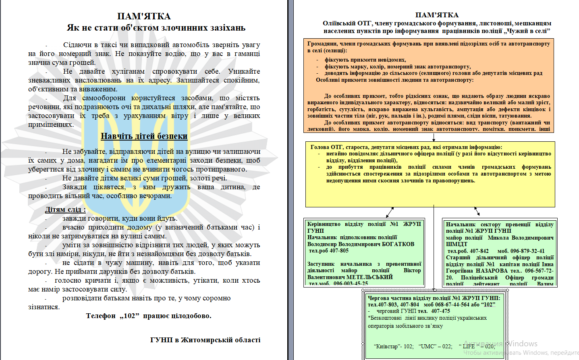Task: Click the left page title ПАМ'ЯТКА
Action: pyautogui.click(x=144, y=16)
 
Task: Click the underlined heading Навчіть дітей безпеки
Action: pyautogui.click(x=144, y=136)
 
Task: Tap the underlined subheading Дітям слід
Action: pyautogui.click(x=65, y=209)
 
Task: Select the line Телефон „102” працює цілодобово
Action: pyautogui.click(x=149, y=316)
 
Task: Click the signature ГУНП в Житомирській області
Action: pyautogui.click(x=205, y=340)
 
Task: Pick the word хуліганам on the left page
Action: pyautogui.click(x=128, y=71)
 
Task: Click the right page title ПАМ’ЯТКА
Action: pyautogui.click(x=437, y=15)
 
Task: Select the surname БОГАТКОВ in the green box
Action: pyautogui.click(x=397, y=244)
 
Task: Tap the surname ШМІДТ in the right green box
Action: pyautogui.click(x=457, y=244)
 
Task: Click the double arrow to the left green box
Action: pyautogui.click(x=390, y=212)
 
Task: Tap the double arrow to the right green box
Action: pyautogui.click(x=477, y=211)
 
